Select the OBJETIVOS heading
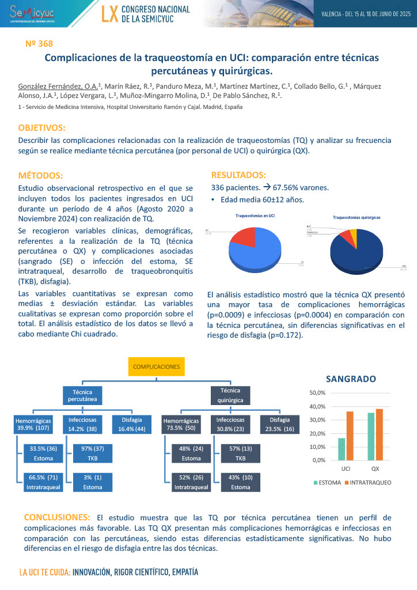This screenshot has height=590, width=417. coord(41,127)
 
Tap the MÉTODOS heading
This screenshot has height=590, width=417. coord(40,175)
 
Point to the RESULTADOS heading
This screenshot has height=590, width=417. coord(238,175)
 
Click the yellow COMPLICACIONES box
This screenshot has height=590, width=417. coord(157,366)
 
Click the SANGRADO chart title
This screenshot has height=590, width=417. coord(351,379)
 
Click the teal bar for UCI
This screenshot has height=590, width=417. coord(342,449)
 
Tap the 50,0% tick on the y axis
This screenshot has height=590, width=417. coord(317,393)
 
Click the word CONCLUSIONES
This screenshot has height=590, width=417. coord(57,517)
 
